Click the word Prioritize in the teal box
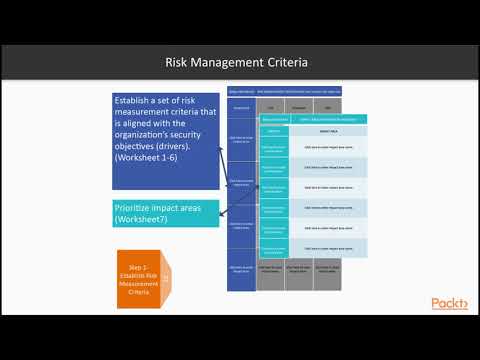[x=138, y=207]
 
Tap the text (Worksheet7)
[x=146, y=218]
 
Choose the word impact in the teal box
[x=180, y=207]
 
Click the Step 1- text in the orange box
[x=137, y=269]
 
